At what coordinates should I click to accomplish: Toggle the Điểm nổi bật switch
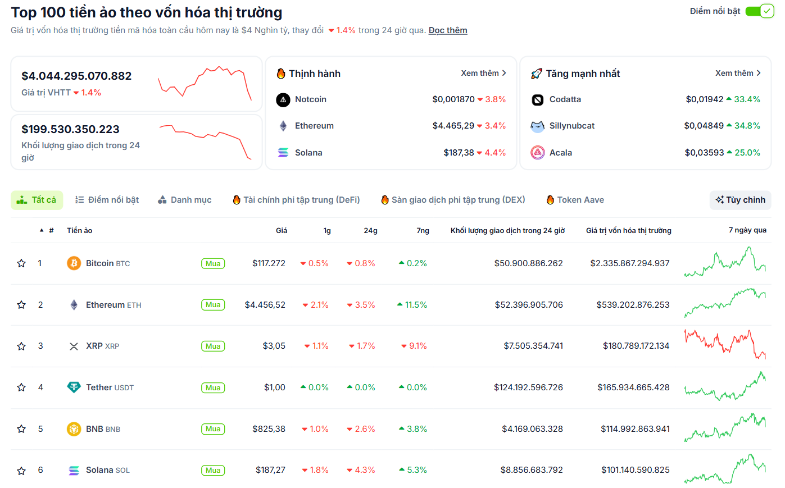(x=759, y=11)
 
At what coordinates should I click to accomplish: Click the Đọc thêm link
(x=448, y=30)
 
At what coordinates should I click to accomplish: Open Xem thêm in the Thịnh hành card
(x=483, y=73)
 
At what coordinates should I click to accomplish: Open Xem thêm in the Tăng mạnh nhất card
(x=738, y=73)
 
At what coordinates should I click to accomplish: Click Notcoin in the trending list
(x=310, y=99)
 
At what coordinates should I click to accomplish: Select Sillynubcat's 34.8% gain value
(x=747, y=126)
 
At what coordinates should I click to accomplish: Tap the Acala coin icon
(x=538, y=152)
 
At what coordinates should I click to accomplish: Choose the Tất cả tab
(x=37, y=200)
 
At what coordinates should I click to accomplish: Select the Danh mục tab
(x=185, y=200)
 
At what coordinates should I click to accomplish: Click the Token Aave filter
(x=575, y=200)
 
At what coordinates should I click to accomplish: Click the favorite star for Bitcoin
(x=21, y=263)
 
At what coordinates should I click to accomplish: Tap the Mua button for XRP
(x=213, y=346)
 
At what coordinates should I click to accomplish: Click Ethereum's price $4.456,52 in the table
(x=265, y=305)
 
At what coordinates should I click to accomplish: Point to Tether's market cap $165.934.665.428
(x=633, y=387)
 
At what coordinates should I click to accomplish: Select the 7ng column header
(x=423, y=231)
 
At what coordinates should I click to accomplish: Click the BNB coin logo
(x=74, y=429)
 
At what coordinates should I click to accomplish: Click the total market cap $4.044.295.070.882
(x=76, y=76)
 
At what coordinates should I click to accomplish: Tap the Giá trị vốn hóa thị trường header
(x=628, y=231)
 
